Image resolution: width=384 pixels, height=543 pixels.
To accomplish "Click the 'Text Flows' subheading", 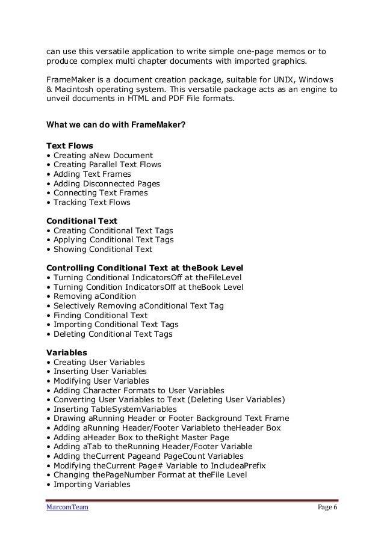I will point(66,145).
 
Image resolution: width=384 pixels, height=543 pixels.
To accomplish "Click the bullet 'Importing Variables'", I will point(91,485).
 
